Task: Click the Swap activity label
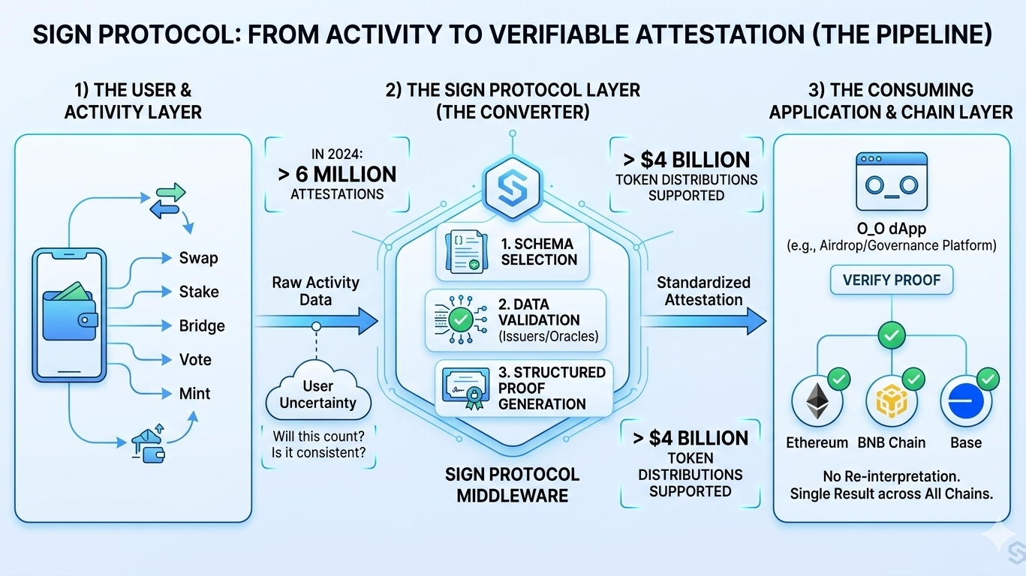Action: [x=198, y=258]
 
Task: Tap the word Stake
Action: [x=199, y=292]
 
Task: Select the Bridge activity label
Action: [x=202, y=325]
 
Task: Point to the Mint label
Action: [x=194, y=393]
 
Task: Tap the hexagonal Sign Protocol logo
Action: [x=513, y=184]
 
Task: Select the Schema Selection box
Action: [x=513, y=252]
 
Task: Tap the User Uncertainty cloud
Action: [x=317, y=394]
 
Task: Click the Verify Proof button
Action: [x=891, y=280]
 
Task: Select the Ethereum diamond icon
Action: [x=816, y=401]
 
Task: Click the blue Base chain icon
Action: [x=965, y=401]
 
